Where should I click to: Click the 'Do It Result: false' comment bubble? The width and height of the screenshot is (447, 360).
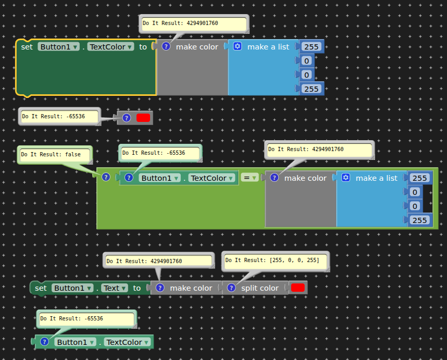[55, 155]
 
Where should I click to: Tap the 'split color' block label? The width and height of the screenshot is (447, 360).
[260, 288]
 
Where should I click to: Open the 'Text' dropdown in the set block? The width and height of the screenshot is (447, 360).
[114, 288]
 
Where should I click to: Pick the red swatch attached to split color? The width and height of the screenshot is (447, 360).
[298, 288]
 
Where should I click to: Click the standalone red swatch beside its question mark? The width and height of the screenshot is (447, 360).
[143, 118]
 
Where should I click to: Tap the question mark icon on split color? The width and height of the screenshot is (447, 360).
[231, 288]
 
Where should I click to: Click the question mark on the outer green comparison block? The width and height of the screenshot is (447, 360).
[106, 177]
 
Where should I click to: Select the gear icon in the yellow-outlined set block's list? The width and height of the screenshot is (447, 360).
[238, 46]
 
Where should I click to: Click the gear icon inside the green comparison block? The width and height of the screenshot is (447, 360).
[346, 178]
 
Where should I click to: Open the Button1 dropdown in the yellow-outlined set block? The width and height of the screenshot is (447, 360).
[58, 47]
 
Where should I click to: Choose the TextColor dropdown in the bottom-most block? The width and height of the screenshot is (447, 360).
[128, 342]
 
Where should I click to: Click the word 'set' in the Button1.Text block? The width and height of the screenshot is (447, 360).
[41, 288]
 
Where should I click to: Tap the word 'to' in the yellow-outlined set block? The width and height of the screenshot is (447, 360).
[143, 47]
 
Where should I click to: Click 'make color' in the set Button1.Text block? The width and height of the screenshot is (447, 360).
[191, 288]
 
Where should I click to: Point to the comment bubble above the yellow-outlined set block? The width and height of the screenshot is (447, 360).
[194, 23]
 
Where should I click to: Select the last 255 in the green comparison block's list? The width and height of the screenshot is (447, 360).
[420, 220]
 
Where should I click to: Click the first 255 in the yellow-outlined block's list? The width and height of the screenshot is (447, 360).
[311, 47]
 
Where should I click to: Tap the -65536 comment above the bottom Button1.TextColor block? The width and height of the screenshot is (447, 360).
[86, 319]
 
